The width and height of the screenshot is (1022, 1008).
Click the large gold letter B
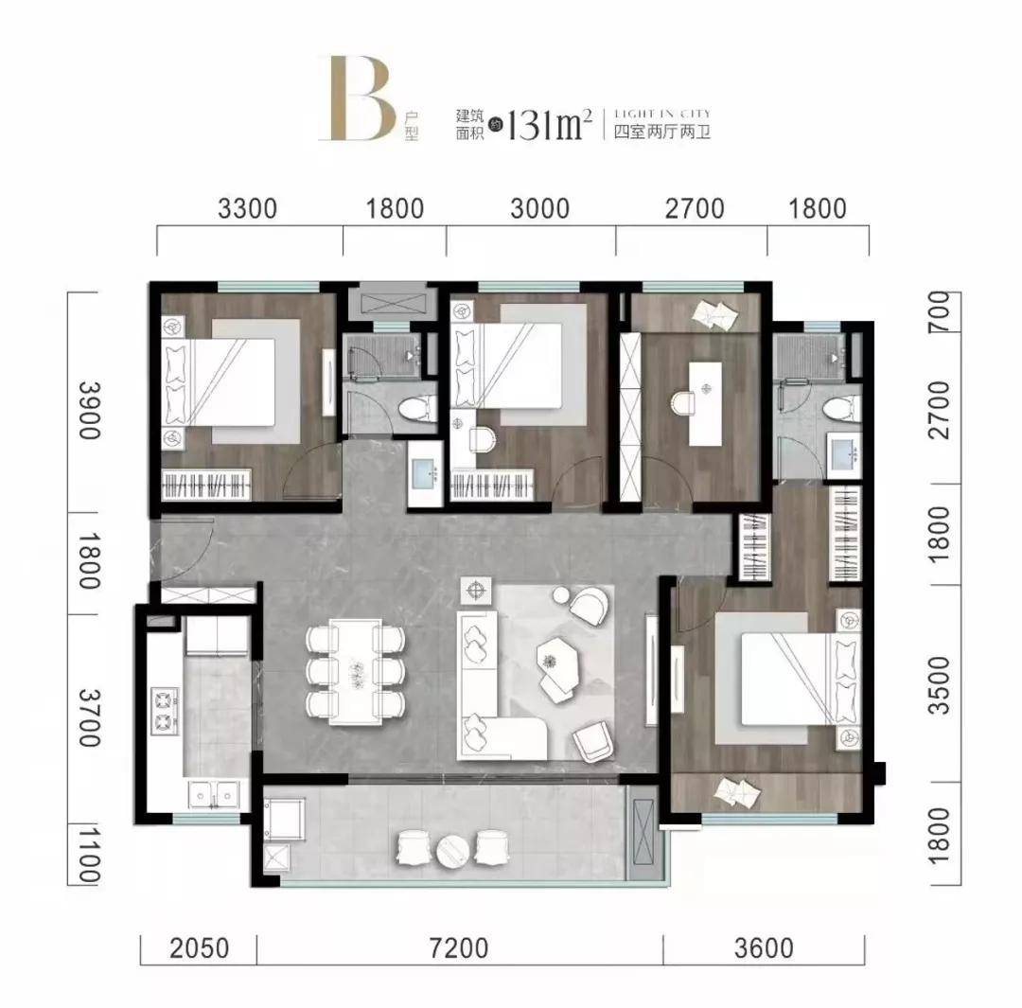click(357, 98)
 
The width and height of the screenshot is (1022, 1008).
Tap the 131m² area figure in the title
click(549, 125)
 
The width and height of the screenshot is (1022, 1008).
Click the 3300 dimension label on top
click(248, 209)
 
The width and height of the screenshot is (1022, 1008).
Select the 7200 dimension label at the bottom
click(459, 948)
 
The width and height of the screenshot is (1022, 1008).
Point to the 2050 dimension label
click(200, 948)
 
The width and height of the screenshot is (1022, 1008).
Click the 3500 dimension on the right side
click(941, 685)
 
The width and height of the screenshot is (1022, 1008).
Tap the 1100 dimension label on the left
click(90, 855)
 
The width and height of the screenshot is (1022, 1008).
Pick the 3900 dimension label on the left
click(90, 411)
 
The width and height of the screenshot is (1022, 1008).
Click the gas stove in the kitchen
click(165, 711)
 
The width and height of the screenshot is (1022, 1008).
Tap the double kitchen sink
click(213, 795)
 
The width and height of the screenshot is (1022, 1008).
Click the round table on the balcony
click(453, 850)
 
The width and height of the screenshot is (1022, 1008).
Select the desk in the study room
click(705, 403)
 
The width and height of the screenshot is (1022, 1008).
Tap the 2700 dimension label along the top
click(695, 209)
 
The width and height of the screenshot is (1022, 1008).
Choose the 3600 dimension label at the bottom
click(764, 948)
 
